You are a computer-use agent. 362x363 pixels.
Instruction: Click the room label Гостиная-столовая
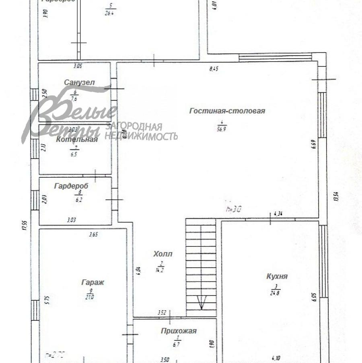tap(227, 111)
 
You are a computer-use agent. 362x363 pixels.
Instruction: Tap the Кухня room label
tap(277, 276)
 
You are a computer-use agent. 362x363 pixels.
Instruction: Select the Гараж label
tap(93, 282)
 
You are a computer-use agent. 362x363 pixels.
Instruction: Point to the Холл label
tap(162, 254)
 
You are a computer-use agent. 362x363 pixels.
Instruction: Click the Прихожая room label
tap(179, 331)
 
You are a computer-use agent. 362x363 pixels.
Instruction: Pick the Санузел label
tap(79, 82)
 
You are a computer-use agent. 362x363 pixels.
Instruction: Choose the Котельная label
tap(77, 139)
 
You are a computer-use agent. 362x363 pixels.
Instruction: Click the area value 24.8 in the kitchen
tap(276, 292)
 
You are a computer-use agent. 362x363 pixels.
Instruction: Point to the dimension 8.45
tap(214, 69)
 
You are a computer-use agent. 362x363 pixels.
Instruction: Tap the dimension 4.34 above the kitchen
tap(278, 214)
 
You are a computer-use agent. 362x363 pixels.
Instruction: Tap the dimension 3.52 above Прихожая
tap(161, 312)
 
